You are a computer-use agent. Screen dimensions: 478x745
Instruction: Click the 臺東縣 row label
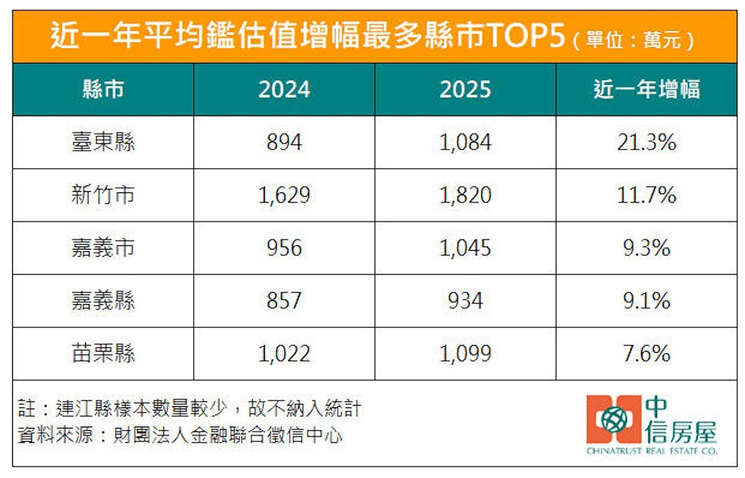[103, 143]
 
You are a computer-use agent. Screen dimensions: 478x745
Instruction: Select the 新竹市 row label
[103, 196]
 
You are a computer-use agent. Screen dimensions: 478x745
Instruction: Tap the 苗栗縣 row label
[103, 354]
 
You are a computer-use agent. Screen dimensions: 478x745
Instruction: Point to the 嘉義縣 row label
[103, 301]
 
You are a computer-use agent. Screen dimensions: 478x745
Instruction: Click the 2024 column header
[284, 90]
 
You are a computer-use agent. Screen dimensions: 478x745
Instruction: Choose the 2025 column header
[465, 90]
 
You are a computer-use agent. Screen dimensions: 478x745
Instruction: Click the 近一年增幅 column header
[646, 90]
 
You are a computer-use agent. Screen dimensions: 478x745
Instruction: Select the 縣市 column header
[103, 90]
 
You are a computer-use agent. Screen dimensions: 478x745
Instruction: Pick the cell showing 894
[284, 143]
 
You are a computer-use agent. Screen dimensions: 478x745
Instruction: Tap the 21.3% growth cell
[646, 143]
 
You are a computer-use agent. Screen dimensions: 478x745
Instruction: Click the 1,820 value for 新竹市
[465, 196]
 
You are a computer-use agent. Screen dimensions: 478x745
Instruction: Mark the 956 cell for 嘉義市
[284, 249]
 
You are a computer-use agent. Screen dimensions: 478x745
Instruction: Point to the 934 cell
[465, 301]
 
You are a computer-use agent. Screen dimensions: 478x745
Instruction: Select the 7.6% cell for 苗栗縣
[646, 354]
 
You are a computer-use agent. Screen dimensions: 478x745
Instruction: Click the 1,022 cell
[284, 354]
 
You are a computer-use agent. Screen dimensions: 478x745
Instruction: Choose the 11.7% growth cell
[646, 196]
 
